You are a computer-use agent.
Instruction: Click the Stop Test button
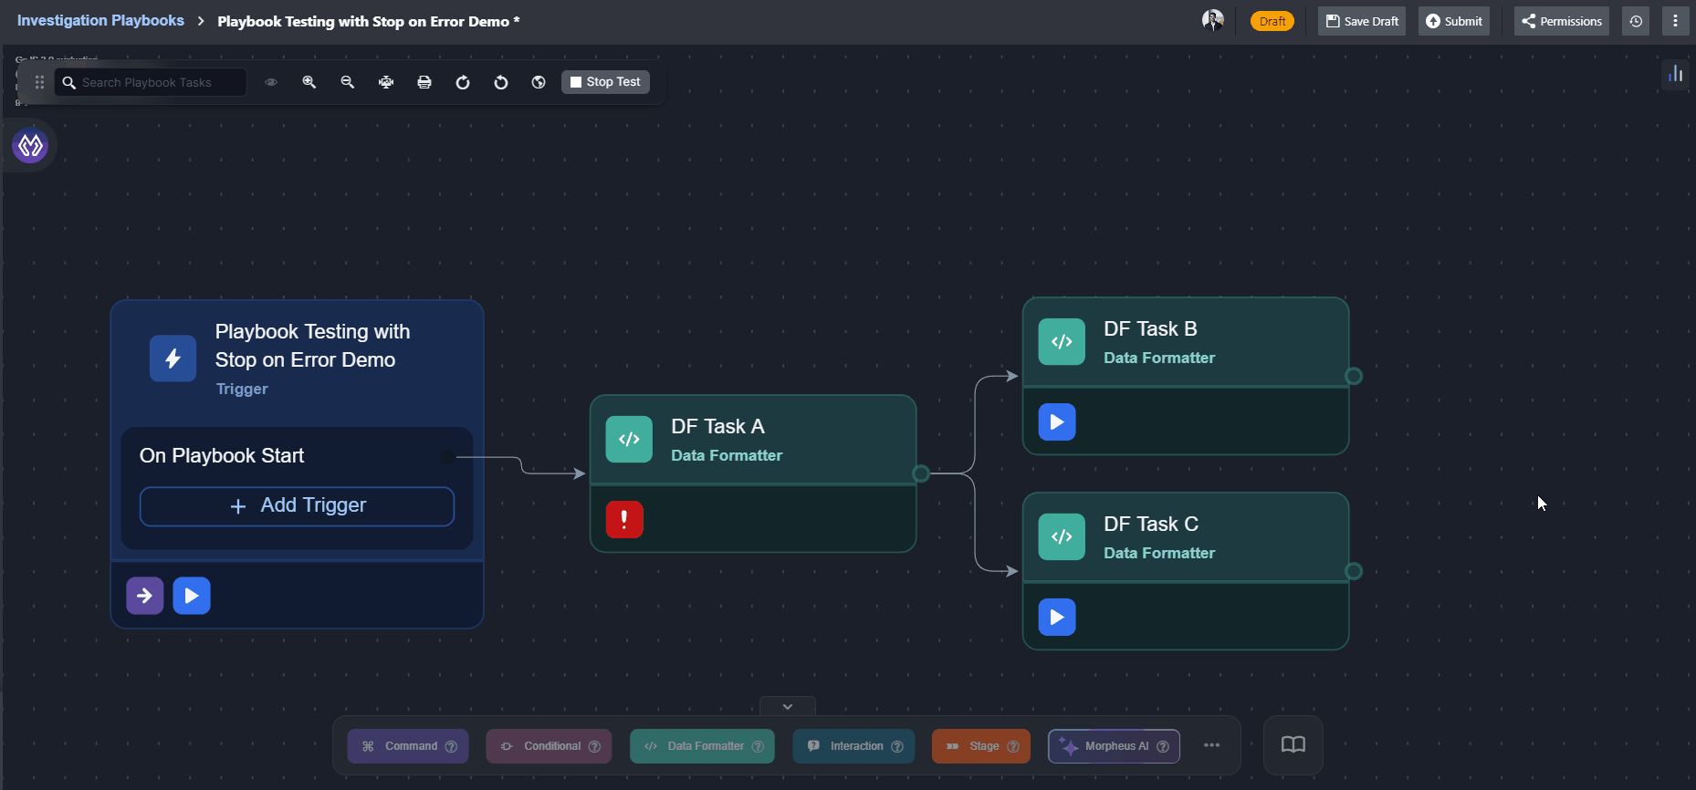tap(605, 82)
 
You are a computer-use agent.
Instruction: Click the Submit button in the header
tap(1453, 21)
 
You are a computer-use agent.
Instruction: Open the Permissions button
tap(1561, 21)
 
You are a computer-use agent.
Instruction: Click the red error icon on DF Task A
tap(624, 520)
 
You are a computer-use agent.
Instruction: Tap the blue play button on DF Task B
tap(1057, 422)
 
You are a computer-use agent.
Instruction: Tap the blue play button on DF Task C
tap(1057, 618)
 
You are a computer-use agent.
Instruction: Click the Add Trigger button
tap(297, 506)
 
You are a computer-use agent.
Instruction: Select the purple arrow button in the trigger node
tap(144, 596)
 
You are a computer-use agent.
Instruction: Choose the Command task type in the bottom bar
tap(407, 746)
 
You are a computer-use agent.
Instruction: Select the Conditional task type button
tap(549, 746)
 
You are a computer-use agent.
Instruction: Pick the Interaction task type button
tap(853, 746)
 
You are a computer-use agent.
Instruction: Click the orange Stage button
tap(980, 746)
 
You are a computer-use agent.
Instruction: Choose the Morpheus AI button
tap(1114, 746)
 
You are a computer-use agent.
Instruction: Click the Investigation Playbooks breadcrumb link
tap(100, 21)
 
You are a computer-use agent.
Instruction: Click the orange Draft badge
tap(1272, 21)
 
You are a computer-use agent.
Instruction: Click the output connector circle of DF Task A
tap(921, 473)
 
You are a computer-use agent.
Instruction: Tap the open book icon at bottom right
tap(1293, 745)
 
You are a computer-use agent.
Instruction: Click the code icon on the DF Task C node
tap(1062, 537)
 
